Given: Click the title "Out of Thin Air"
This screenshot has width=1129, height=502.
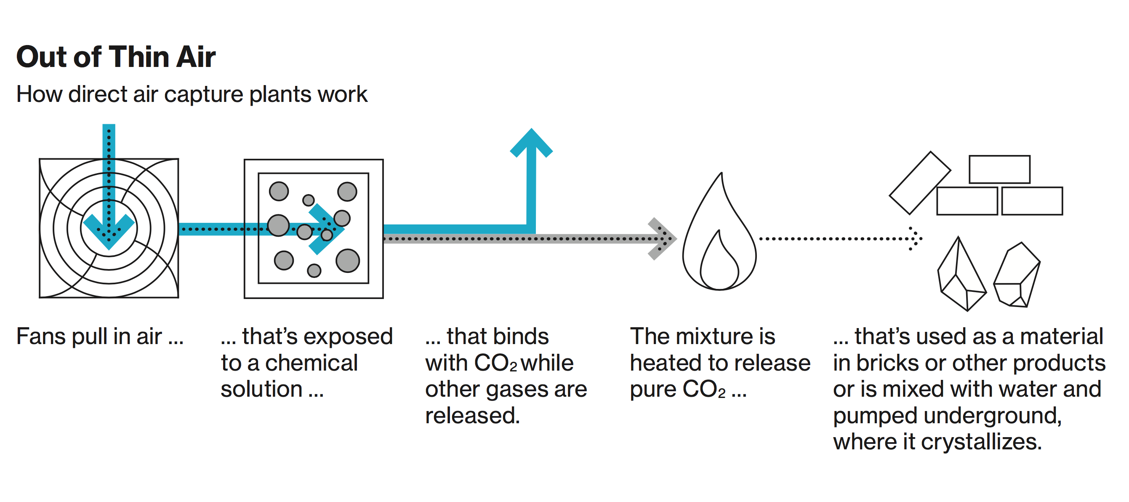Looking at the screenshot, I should tap(116, 57).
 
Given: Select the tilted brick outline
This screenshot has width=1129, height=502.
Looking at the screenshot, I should tap(919, 183).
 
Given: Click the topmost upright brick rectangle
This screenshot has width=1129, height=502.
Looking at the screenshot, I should tap(999, 169).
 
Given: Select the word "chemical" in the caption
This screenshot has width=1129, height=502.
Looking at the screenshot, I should tap(311, 363).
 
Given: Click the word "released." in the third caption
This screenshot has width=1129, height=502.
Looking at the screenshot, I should tap(472, 416).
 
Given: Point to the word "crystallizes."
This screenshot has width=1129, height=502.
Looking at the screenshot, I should tap(981, 442).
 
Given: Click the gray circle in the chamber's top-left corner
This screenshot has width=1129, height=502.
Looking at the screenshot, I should tap(279, 191).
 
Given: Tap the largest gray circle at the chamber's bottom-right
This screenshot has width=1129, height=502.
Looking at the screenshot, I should tap(348, 260).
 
